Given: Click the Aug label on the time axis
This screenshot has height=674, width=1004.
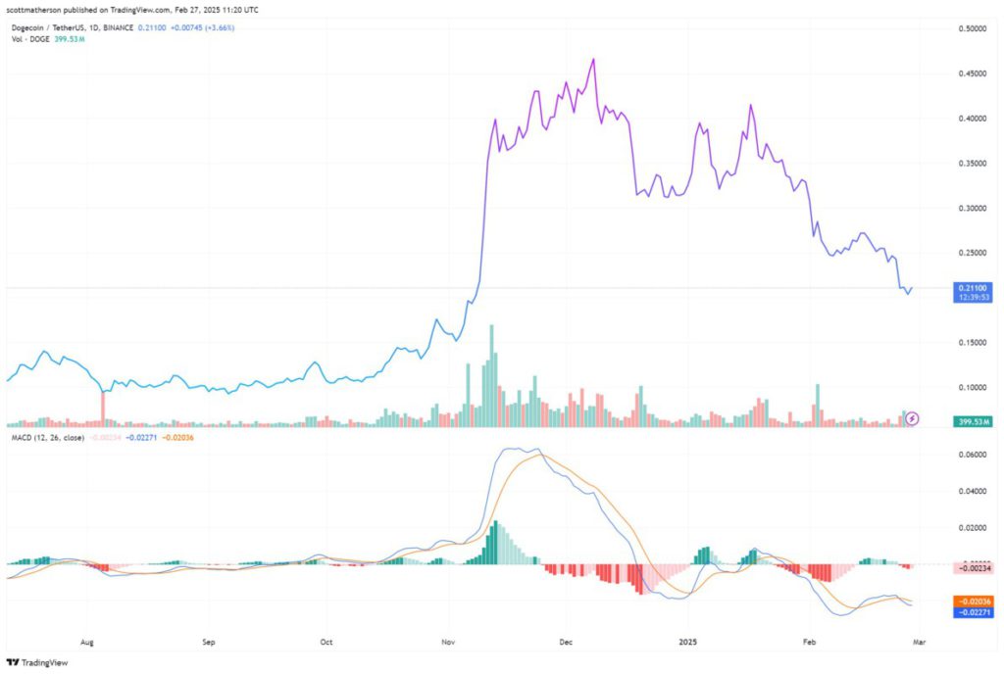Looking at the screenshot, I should click(x=87, y=643).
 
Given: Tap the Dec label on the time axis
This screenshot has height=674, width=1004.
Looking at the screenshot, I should click(x=567, y=643).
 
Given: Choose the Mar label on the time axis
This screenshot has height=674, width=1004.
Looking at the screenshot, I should click(x=921, y=643).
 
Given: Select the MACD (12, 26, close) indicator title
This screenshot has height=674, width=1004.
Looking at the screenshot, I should click(x=46, y=437).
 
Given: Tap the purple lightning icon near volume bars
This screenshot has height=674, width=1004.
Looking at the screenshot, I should click(x=913, y=418).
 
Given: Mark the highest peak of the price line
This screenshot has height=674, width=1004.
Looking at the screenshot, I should click(x=593, y=60).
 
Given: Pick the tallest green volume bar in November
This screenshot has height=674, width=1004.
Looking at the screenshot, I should click(x=491, y=376).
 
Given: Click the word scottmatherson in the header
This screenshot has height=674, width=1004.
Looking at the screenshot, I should click(x=34, y=9).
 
